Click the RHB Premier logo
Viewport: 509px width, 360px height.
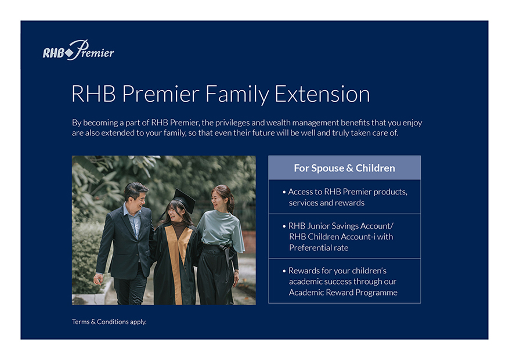tap(78, 50)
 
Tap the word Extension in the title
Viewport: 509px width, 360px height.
tap(322, 94)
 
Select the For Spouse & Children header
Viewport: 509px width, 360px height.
tap(344, 168)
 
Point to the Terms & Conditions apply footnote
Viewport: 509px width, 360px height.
tap(109, 322)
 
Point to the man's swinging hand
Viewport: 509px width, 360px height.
tap(98, 279)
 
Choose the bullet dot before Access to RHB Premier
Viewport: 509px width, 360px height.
tap(284, 192)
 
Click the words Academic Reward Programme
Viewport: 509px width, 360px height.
tap(343, 293)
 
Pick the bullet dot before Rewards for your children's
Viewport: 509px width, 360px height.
tap(284, 271)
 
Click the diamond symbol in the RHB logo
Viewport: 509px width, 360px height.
tap(69, 53)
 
